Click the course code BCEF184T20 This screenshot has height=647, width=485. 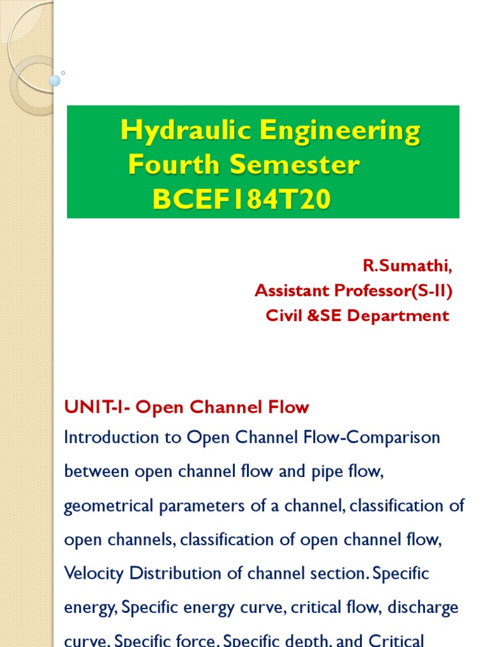pos(241,200)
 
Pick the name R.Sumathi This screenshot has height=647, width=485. pos(407,266)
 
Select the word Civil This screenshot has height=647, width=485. pos(283,315)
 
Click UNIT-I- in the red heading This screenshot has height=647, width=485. pos(98,408)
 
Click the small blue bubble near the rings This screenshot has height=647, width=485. pos(55,80)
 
